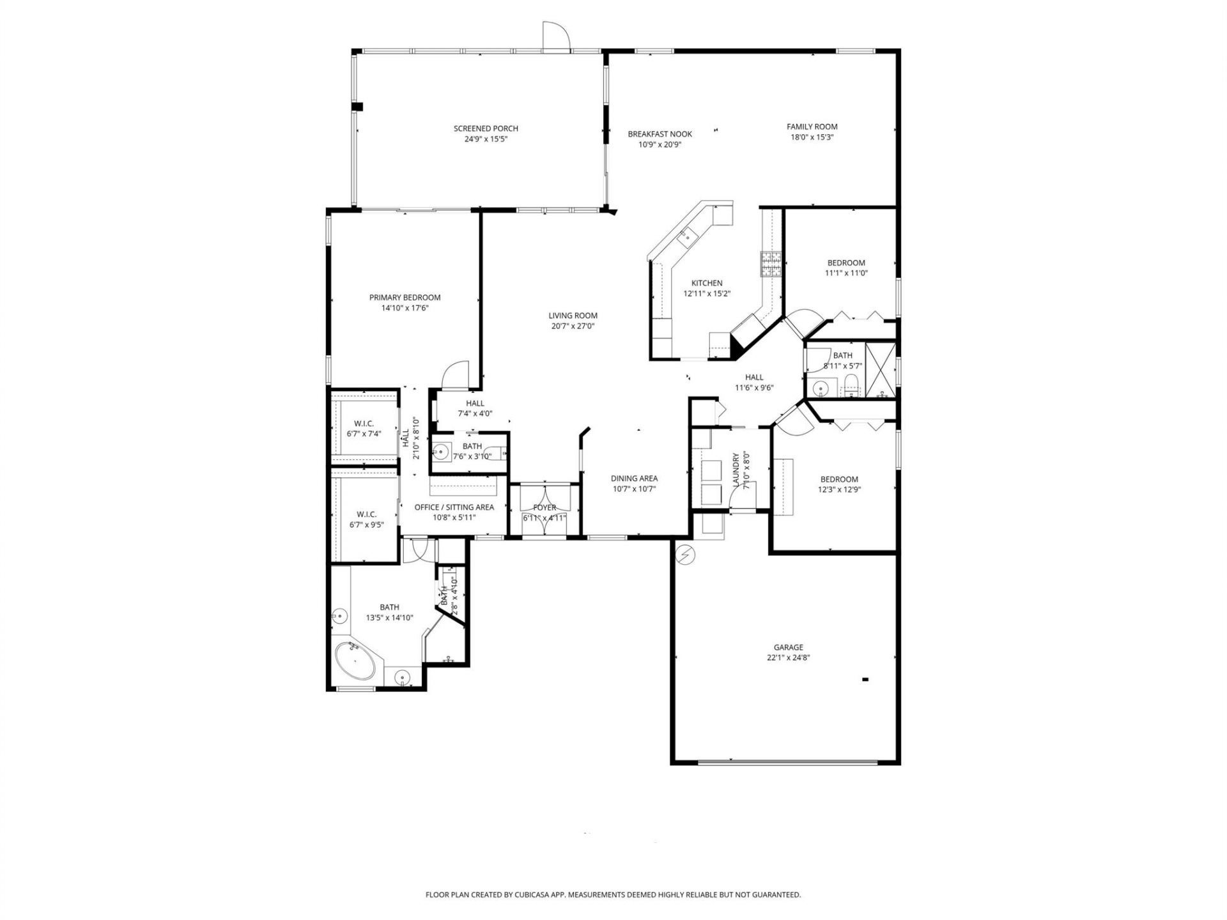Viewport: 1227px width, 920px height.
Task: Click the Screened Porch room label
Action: click(x=486, y=128)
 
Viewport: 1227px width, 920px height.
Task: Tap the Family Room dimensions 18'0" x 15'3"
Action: click(x=812, y=137)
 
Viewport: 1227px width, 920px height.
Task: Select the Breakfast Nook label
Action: click(x=660, y=134)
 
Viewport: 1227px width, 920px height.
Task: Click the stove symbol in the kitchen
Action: click(x=770, y=264)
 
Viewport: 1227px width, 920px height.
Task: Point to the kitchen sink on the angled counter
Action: click(x=688, y=236)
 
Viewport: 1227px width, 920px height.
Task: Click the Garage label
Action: click(x=788, y=647)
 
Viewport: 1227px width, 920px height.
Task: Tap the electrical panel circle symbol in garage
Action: click(x=686, y=556)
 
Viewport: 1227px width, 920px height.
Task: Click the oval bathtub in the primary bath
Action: click(x=355, y=661)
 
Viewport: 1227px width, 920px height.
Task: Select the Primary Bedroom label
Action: click(x=405, y=298)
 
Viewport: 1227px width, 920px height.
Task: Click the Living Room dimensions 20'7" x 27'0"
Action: click(x=573, y=326)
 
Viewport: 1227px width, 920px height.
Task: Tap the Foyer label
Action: click(x=544, y=508)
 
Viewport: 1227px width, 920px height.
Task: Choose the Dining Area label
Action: click(x=634, y=479)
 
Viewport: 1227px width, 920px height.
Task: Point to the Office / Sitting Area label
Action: click(x=454, y=507)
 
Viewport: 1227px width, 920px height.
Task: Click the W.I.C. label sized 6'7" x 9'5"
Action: click(x=366, y=514)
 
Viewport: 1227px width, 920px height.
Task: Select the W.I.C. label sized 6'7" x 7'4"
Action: click(x=364, y=424)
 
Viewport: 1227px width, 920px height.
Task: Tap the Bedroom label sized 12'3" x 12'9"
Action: click(x=839, y=479)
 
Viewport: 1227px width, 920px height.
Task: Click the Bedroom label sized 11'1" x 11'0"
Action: click(x=846, y=263)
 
